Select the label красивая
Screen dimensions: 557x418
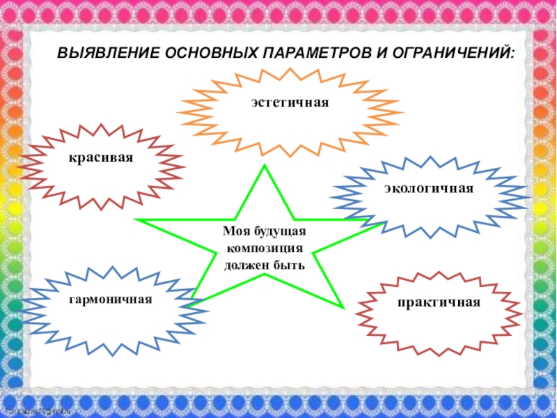100,158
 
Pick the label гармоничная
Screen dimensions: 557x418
110,299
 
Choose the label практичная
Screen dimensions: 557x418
439,303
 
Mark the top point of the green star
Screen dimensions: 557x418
265,166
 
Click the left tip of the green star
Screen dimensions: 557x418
138,220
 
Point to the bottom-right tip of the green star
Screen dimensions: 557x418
343,307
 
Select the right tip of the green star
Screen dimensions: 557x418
387,224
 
